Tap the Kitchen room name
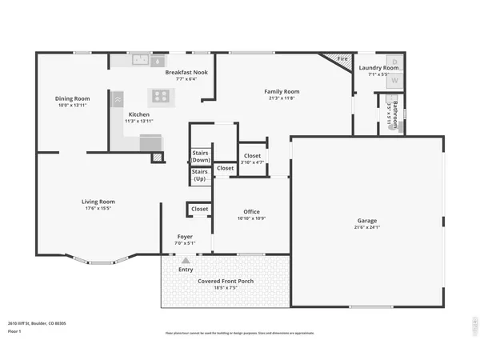[x=139, y=114]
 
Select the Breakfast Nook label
[x=186, y=72]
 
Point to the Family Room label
[x=281, y=91]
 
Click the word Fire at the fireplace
[x=342, y=58]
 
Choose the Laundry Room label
[x=378, y=68]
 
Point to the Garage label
[x=367, y=221]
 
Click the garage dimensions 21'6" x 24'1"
[x=367, y=228]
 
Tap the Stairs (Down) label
[x=201, y=156]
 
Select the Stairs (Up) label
[x=200, y=175]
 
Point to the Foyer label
[x=185, y=237]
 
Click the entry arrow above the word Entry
[x=186, y=261]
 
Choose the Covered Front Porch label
[x=225, y=281]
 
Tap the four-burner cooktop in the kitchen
[x=163, y=96]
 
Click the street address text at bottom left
[x=37, y=323]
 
